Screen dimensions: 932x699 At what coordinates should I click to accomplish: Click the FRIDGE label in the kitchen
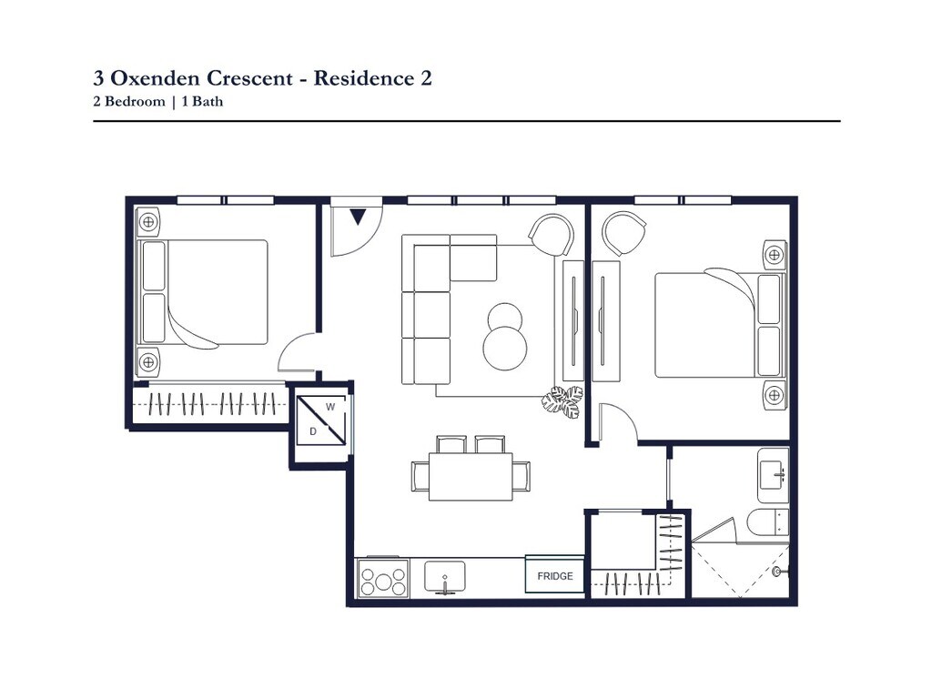(x=555, y=576)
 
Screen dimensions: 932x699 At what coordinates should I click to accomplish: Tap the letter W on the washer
(x=330, y=407)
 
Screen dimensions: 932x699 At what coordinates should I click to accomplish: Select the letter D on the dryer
(x=313, y=431)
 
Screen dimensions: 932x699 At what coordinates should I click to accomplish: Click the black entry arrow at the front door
(x=358, y=217)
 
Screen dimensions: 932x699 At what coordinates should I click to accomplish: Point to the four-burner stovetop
(x=383, y=578)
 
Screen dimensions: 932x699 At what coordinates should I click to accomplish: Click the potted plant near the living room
(x=562, y=401)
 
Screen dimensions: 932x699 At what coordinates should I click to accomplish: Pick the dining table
(x=471, y=477)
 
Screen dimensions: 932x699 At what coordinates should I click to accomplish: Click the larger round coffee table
(x=504, y=348)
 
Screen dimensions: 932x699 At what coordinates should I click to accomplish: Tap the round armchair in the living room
(x=552, y=234)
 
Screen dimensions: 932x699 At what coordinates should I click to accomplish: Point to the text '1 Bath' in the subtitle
(x=202, y=101)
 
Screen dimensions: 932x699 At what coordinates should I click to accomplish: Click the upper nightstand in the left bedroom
(x=148, y=222)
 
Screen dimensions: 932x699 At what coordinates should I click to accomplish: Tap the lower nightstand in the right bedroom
(x=775, y=394)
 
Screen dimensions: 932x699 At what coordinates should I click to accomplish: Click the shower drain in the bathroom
(x=777, y=572)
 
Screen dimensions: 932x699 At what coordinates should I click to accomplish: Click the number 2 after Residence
(x=426, y=78)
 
